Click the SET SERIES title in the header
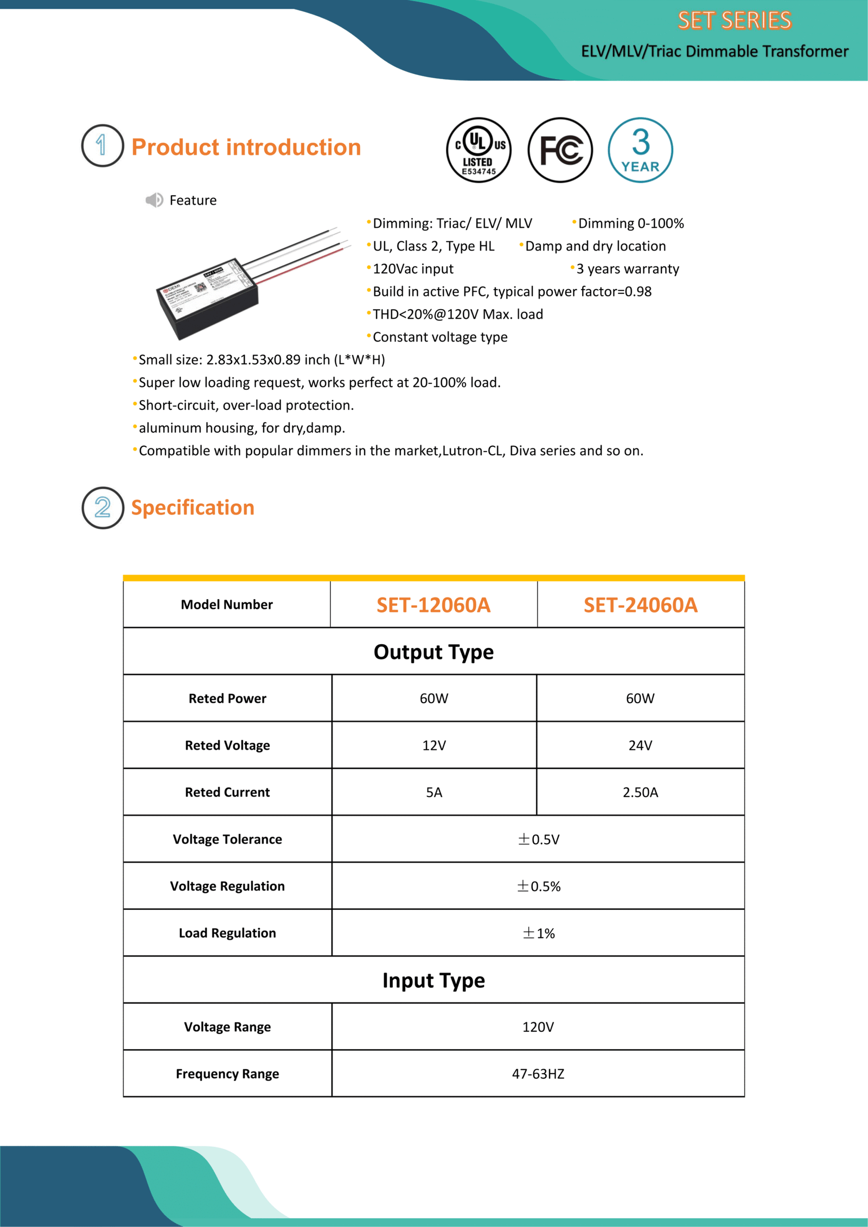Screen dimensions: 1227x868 734,21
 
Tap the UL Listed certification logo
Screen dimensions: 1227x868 478,150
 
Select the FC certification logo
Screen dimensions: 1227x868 560,150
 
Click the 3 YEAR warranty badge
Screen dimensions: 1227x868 640,150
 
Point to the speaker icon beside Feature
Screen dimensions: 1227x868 154,200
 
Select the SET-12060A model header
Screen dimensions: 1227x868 433,605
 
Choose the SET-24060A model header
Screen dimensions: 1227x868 641,605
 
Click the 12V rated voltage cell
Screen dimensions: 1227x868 434,746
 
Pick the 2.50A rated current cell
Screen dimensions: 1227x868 640,792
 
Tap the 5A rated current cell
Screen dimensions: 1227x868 434,792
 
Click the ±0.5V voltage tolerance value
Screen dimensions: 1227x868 538,839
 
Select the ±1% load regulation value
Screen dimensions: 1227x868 538,933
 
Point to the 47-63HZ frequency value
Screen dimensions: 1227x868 538,1074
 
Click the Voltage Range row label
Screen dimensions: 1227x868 227,1027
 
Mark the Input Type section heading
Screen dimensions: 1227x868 433,980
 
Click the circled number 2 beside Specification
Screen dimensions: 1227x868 103,508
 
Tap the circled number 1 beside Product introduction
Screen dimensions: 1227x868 103,146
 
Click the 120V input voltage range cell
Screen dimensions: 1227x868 538,1027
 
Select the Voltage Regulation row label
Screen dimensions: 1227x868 227,886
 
